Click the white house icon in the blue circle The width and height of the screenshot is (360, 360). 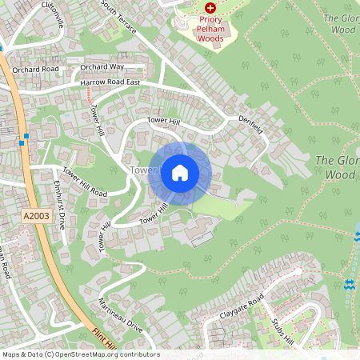(179, 172)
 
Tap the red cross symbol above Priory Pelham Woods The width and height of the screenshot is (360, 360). (210, 6)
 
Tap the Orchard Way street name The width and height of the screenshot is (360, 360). (102, 66)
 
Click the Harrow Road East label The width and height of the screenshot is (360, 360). (110, 82)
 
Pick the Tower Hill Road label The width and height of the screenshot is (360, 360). (85, 182)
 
